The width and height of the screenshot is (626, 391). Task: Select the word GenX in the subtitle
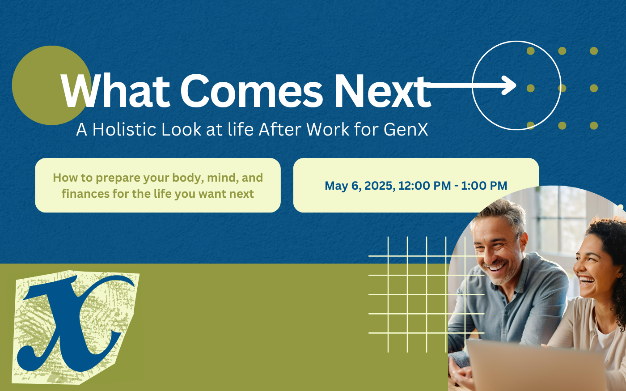click(406, 129)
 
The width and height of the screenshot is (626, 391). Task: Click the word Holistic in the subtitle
click(124, 129)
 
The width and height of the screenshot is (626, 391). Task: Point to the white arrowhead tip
click(516, 85)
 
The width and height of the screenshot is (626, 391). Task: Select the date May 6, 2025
click(360, 186)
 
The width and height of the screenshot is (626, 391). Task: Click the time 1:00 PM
click(484, 186)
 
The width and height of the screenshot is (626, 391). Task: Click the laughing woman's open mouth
click(586, 280)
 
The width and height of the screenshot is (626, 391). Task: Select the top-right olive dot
click(594, 51)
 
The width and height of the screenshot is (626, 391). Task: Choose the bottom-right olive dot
click(594, 126)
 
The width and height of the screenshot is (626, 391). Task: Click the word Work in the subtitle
click(327, 129)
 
